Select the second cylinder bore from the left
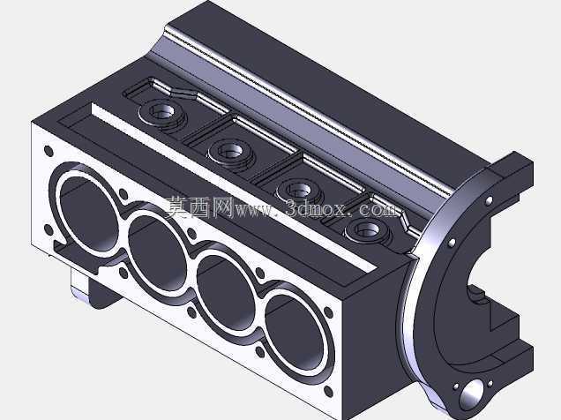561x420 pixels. tap(157, 251)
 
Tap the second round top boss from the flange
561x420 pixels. tap(299, 190)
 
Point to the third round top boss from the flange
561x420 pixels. tap(229, 152)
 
